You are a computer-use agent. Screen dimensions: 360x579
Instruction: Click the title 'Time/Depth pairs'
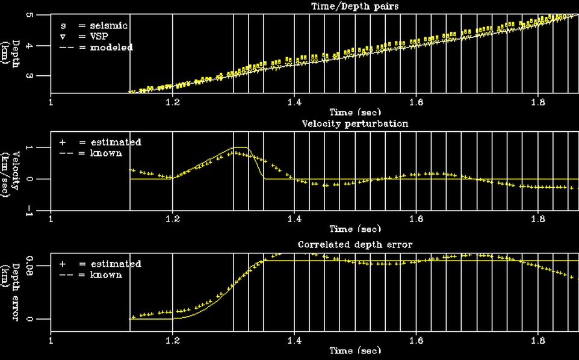tap(347, 6)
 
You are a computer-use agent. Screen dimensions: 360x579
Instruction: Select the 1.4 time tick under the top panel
tap(294, 102)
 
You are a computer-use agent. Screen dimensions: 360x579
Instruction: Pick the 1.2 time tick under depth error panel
tap(173, 341)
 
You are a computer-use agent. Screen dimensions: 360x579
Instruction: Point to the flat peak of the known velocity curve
tap(240, 147)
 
